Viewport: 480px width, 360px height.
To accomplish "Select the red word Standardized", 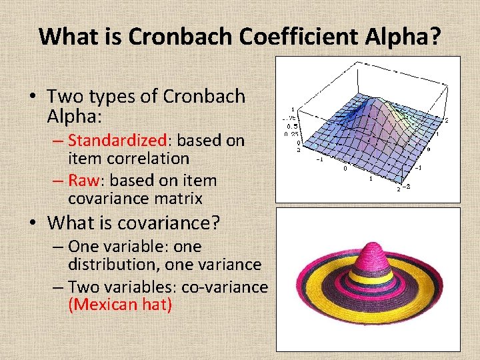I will pyautogui.click(x=117, y=141).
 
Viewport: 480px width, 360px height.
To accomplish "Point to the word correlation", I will pyautogui.click(x=148, y=159).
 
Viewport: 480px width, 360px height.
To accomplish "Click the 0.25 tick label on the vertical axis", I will pyautogui.click(x=292, y=134).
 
